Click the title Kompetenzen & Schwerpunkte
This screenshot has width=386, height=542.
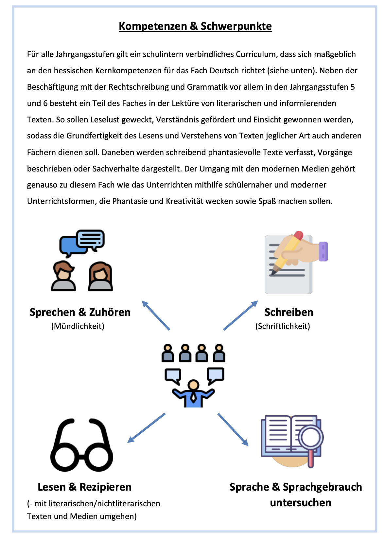(195, 26)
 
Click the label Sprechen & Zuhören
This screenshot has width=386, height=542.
(80, 312)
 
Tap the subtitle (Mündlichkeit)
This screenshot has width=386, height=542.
(78, 326)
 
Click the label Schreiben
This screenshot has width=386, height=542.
(289, 312)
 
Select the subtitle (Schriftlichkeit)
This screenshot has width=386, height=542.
(283, 326)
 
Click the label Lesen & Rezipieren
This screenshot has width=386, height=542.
(84, 487)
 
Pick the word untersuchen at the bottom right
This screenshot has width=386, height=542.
(301, 503)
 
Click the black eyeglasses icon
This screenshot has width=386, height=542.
(81, 445)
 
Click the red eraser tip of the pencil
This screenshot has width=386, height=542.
(298, 236)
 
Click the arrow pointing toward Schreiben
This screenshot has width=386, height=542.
(240, 315)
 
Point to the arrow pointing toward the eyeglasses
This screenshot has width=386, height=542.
(146, 428)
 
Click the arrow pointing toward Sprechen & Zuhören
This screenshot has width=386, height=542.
(156, 315)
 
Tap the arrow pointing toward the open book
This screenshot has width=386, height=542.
(233, 429)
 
